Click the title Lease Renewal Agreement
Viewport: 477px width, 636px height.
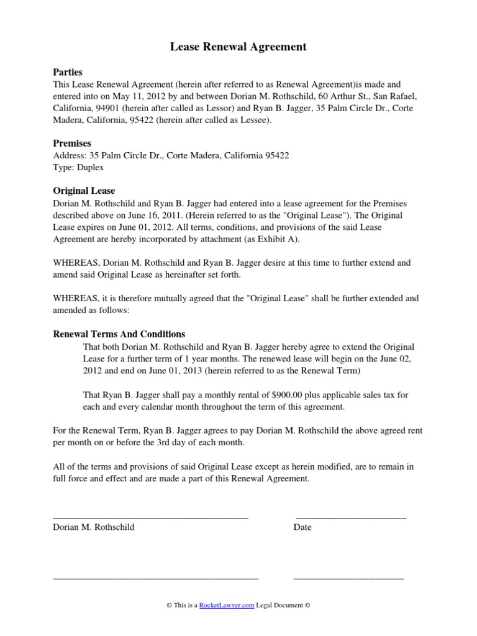pos(238,47)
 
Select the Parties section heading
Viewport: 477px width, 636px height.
pos(68,72)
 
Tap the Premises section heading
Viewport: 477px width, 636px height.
pos(72,143)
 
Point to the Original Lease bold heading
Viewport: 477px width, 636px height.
pos(84,191)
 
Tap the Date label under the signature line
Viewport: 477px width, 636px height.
pos(302,527)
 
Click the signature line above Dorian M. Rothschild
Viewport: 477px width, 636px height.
pos(151,517)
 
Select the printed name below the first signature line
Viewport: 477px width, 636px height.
pos(94,527)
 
